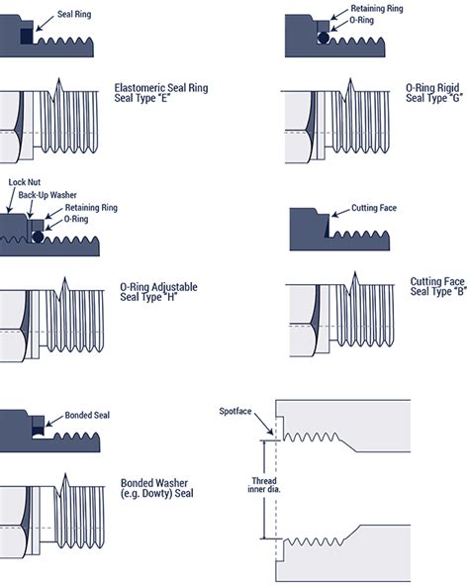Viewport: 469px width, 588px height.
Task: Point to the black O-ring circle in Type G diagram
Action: pyautogui.click(x=324, y=39)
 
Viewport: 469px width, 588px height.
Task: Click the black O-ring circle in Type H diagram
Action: pyautogui.click(x=38, y=236)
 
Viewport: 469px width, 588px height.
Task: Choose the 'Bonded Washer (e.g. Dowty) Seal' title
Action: pyautogui.click(x=156, y=487)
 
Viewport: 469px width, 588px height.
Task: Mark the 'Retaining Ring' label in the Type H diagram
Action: pyautogui.click(x=91, y=208)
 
